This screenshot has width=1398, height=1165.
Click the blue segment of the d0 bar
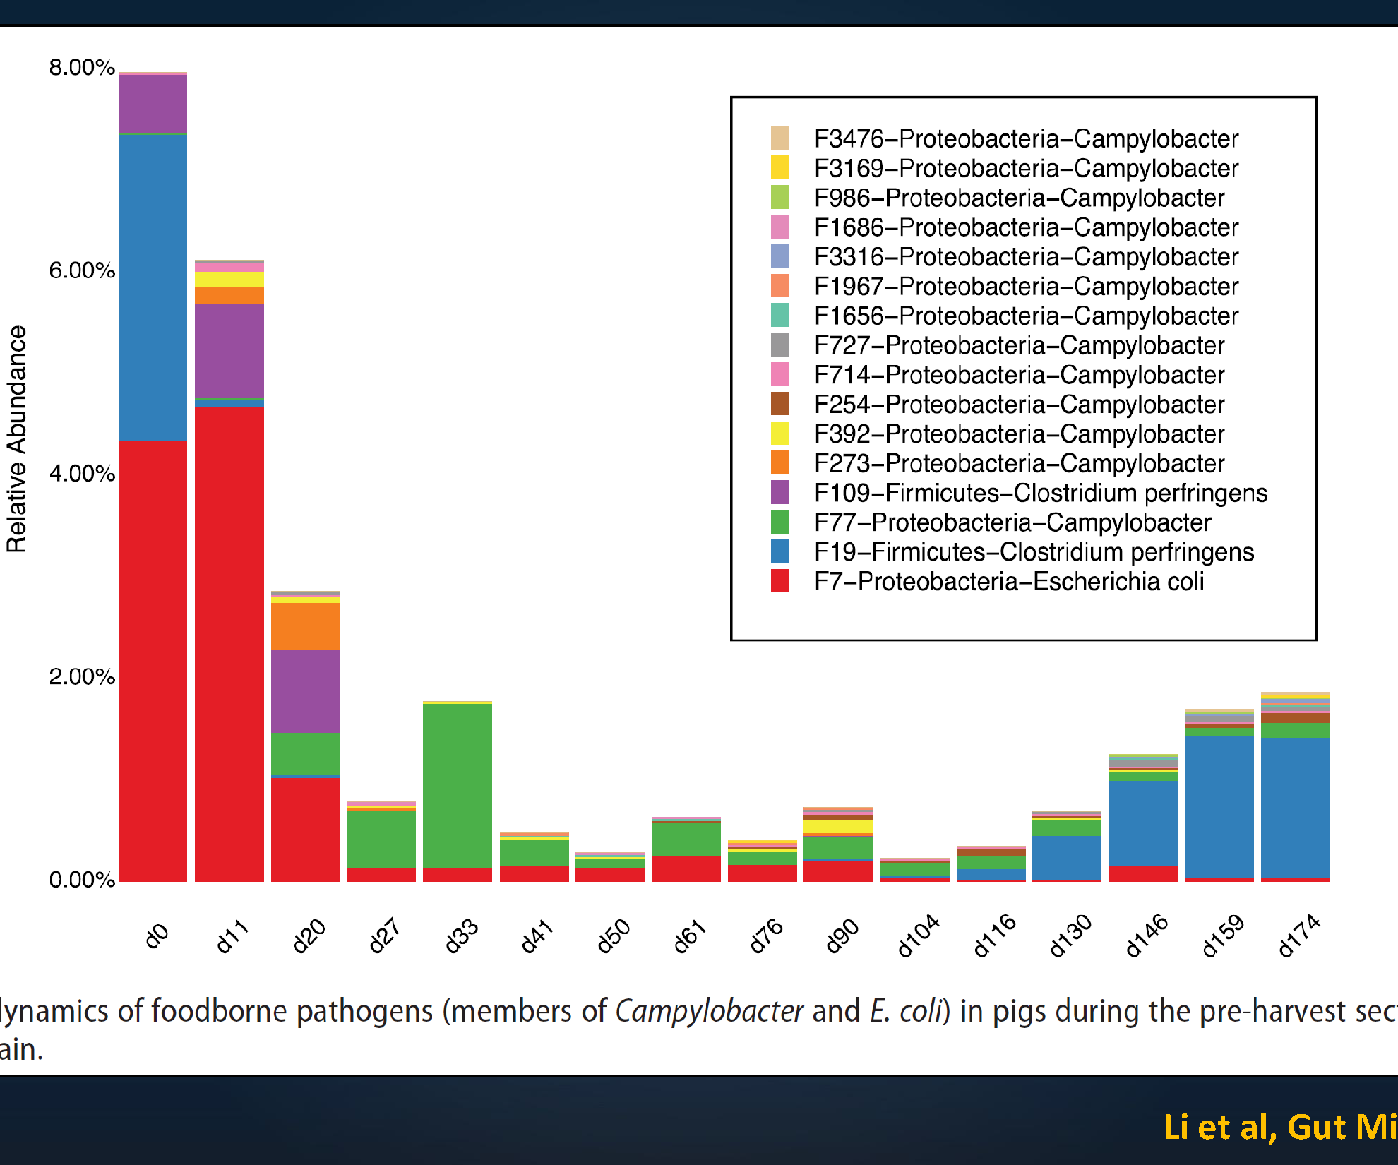[x=153, y=287]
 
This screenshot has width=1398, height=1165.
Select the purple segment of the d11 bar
[x=229, y=350]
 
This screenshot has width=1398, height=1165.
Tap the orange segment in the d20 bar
[x=305, y=626]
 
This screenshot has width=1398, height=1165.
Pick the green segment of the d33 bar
[x=457, y=785]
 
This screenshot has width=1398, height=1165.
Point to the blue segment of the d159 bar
[x=1219, y=806]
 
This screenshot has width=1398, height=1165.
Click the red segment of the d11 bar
[x=229, y=643]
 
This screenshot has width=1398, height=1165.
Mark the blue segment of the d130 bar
[x=1066, y=857]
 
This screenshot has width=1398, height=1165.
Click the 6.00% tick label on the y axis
[x=81, y=270]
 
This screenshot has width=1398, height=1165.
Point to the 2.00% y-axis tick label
[x=81, y=676]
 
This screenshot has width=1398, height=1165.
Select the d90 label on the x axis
[x=842, y=936]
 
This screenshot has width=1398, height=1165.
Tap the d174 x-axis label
[x=1298, y=936]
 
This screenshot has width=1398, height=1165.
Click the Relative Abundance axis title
[x=16, y=438]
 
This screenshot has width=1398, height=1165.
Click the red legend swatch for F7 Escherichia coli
[x=779, y=581]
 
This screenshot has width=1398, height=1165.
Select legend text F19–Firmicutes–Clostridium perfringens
[x=1034, y=552]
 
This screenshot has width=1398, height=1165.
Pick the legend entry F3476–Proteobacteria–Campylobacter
[x=1026, y=139]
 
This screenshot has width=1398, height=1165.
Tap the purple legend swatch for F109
[x=779, y=492]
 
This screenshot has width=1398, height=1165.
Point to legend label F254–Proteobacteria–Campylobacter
[x=1019, y=405]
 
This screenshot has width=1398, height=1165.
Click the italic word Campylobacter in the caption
[x=709, y=1011]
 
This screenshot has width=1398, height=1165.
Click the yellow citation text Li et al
[x=1219, y=1127]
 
